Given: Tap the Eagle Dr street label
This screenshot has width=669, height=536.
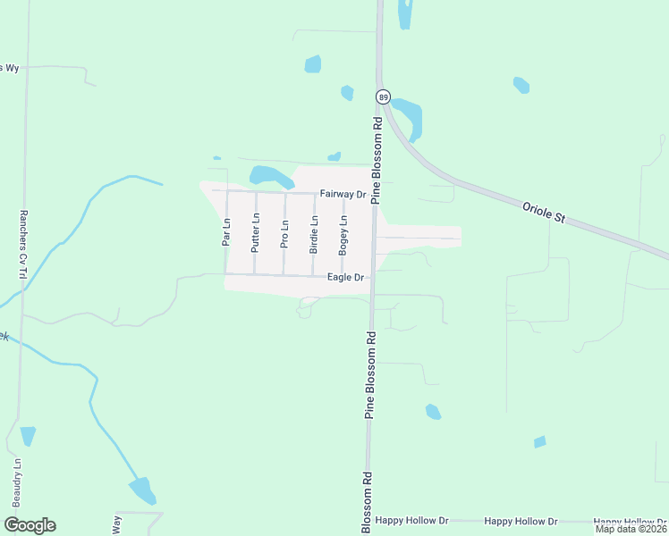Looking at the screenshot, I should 345,278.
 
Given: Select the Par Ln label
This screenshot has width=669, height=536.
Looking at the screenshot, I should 226,233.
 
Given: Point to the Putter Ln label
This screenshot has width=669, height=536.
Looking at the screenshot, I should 255,232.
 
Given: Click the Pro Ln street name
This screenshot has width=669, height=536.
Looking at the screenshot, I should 284,234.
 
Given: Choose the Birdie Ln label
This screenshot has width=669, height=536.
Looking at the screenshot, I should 314,234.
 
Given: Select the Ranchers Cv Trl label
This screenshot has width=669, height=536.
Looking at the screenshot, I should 22,245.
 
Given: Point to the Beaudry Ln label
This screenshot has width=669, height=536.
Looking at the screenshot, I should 16,482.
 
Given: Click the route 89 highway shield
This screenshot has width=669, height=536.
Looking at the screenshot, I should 384,96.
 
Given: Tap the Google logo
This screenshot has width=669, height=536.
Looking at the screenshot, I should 30,525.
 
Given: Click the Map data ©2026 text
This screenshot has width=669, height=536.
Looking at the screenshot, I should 631,529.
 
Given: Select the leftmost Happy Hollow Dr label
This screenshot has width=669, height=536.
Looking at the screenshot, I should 411,520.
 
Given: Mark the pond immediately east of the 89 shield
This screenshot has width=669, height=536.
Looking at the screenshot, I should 410,116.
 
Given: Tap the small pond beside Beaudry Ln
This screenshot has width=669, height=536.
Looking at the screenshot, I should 28,436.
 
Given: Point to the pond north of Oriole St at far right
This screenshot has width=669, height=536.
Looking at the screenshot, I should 521,85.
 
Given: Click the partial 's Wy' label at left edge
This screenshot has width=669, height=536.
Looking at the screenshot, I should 9,68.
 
